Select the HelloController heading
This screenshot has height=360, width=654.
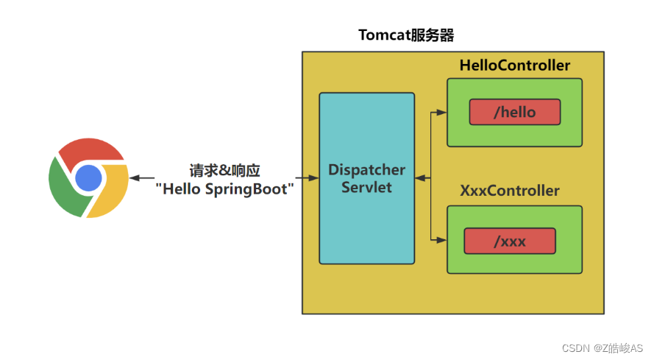coord(514,66)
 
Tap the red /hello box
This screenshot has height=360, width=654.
coord(514,112)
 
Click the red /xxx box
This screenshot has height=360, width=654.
coord(509,241)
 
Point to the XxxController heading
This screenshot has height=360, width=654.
coord(509,191)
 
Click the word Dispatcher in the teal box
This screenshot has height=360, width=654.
coord(366,170)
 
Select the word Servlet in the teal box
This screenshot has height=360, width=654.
coord(366,187)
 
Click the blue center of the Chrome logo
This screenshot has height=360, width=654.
coord(88,177)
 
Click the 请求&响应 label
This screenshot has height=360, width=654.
coord(224,170)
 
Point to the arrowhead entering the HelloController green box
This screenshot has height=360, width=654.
coord(442,113)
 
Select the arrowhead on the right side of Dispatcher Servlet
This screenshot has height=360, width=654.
coord(419,177)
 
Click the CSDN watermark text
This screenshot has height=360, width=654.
coord(603,347)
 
